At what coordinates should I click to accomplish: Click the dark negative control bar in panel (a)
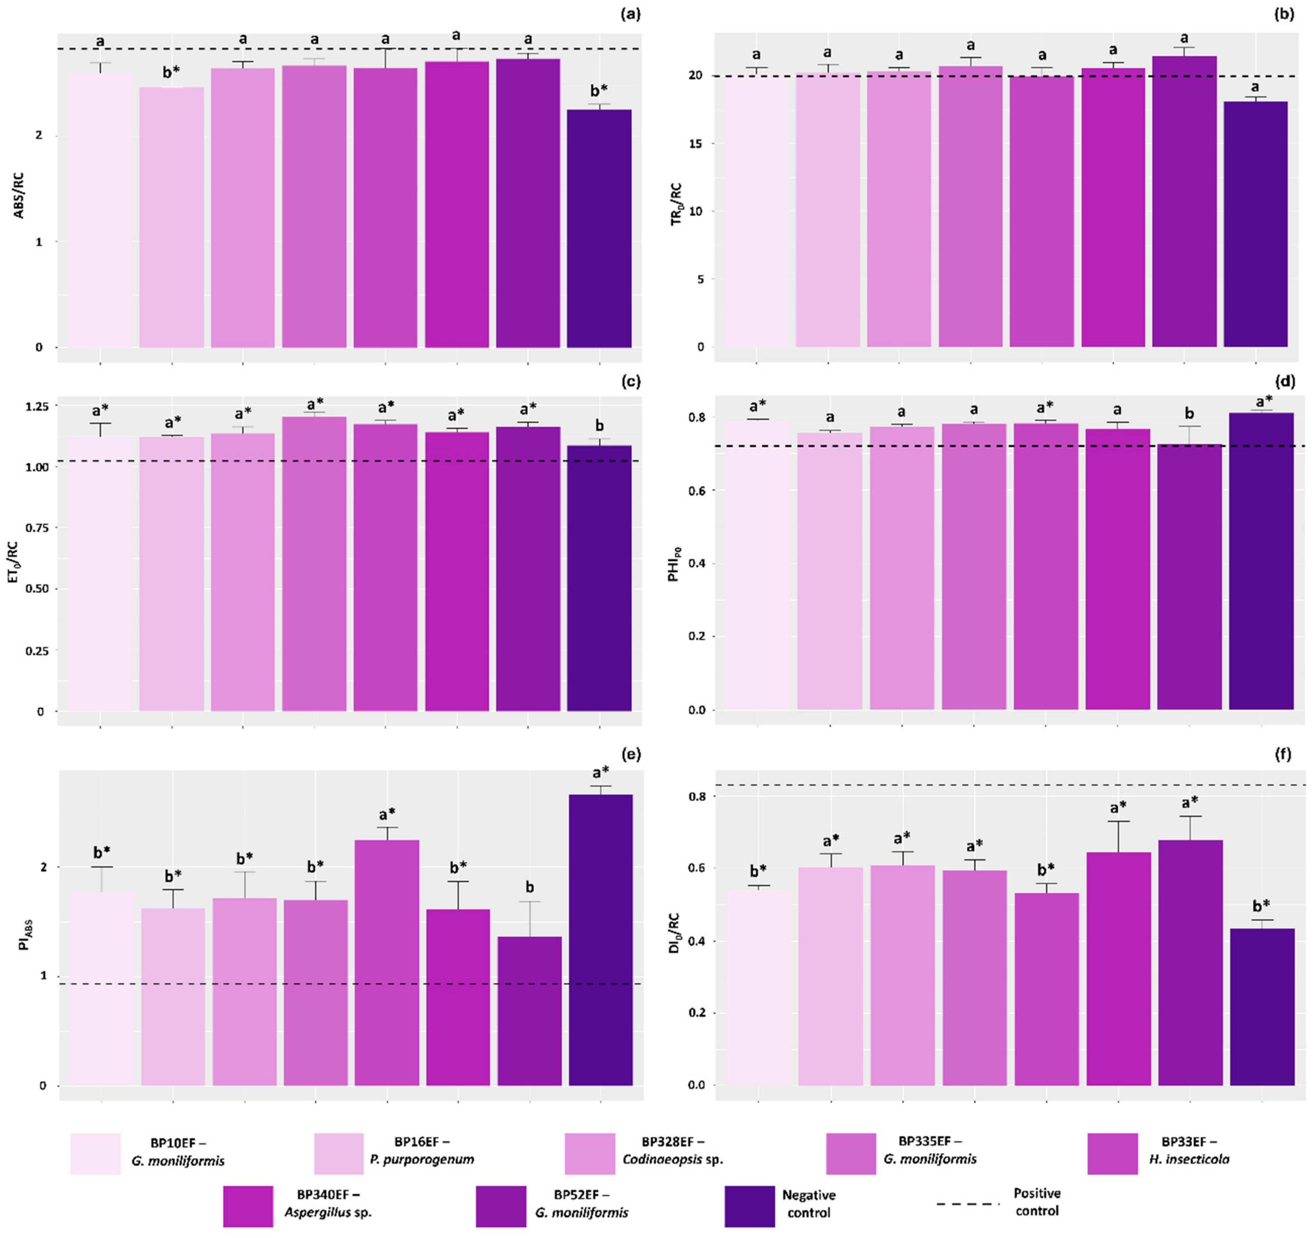pos(599,228)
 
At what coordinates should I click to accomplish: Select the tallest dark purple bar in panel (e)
pos(600,940)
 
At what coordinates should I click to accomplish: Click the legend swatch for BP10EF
pos(96,1154)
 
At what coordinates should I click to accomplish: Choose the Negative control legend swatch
pos(749,1206)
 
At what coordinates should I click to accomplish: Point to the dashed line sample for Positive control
pos(968,1204)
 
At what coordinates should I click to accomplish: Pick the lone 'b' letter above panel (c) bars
pos(600,426)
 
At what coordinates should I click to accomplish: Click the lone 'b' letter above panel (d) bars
pos(1190,414)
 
